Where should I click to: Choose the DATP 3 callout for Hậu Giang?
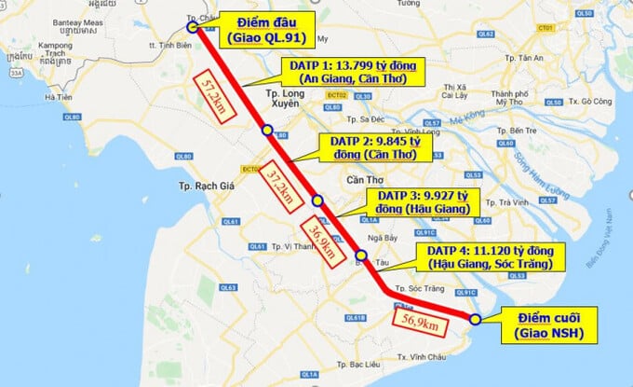coord(421,202)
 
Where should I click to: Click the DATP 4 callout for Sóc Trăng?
coord(490,257)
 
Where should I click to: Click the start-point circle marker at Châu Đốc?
coord(192,28)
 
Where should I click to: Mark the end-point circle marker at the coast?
coord(475,319)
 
